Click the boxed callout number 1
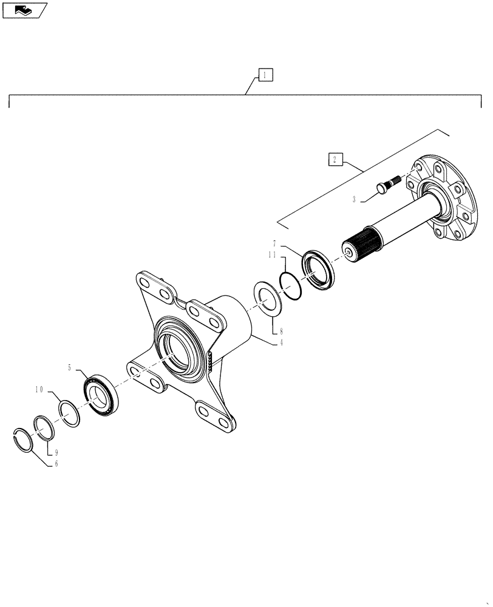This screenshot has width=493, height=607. pyautogui.click(x=265, y=75)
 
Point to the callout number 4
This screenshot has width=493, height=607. pyautogui.click(x=280, y=342)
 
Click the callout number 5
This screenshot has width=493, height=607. pyautogui.click(x=70, y=367)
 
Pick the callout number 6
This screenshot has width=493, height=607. pyautogui.click(x=56, y=464)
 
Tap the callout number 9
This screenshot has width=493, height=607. pyautogui.click(x=56, y=452)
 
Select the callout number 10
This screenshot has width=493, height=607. pyautogui.click(x=40, y=390)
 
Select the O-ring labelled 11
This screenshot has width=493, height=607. pyautogui.click(x=291, y=284)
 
